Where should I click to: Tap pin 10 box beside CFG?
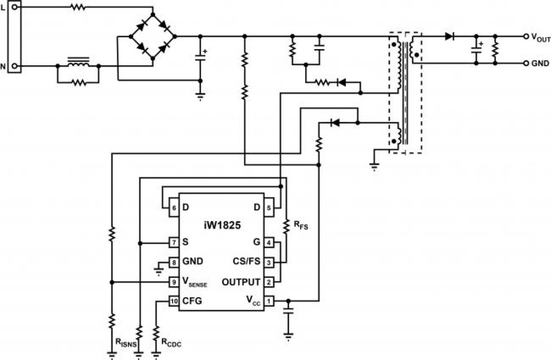[x=174, y=301]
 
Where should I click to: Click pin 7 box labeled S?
[x=174, y=242]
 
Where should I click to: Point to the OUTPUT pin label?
[x=241, y=282]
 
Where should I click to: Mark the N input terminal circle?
[x=14, y=66]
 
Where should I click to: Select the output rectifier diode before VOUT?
[x=449, y=36]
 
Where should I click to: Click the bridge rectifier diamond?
[x=153, y=36]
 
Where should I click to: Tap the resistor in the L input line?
[x=77, y=7]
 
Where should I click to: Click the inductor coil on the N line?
[x=78, y=63]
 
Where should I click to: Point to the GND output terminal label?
[x=540, y=63]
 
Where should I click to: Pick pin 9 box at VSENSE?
[x=174, y=282]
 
